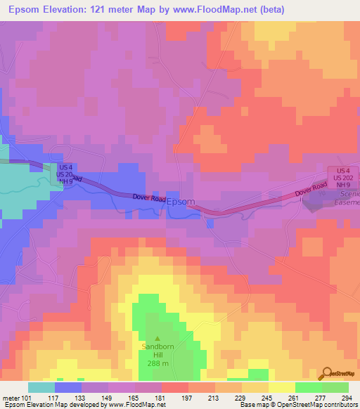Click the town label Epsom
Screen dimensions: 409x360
coord(181,201)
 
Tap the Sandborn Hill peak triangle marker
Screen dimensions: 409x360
coord(157,339)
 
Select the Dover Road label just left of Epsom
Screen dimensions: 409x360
coord(149,199)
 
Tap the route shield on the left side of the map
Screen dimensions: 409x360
coord(65,174)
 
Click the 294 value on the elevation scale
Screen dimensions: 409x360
coord(347,398)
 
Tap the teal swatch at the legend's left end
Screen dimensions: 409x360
coord(41,387)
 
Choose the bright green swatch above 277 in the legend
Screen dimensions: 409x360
coord(309,387)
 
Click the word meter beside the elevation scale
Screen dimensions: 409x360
coord(11,398)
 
